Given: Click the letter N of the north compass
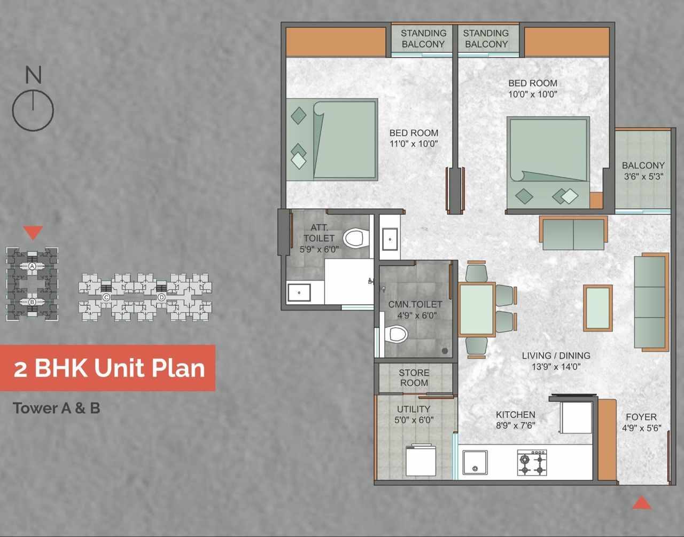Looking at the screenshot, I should click(x=33, y=75).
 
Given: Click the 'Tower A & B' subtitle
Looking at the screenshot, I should click(x=57, y=408).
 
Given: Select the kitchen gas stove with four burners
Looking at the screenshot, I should click(x=532, y=462).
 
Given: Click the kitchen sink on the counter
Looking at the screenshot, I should click(x=475, y=462).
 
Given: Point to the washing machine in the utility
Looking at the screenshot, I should click(x=421, y=461).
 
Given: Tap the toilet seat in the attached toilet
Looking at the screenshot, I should click(x=356, y=238).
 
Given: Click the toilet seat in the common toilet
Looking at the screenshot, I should click(x=397, y=335).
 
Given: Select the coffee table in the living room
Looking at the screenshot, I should click(x=597, y=308).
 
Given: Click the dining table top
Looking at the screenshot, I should click(x=476, y=310).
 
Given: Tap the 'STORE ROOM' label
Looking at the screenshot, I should click(x=414, y=378).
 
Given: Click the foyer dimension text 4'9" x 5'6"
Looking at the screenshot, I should click(x=641, y=428).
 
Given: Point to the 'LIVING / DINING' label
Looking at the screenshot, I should click(x=556, y=356).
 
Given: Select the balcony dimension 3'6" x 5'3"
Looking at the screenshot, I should click(x=643, y=177).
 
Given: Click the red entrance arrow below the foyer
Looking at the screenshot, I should click(x=641, y=503).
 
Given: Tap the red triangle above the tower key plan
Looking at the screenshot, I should click(x=33, y=232).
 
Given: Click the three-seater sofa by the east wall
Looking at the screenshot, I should click(x=650, y=302).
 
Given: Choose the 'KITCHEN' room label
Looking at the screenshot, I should click(x=515, y=414).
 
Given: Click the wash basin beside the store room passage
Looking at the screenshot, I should click(x=390, y=240).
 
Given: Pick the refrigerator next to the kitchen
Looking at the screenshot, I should click(x=576, y=417).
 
